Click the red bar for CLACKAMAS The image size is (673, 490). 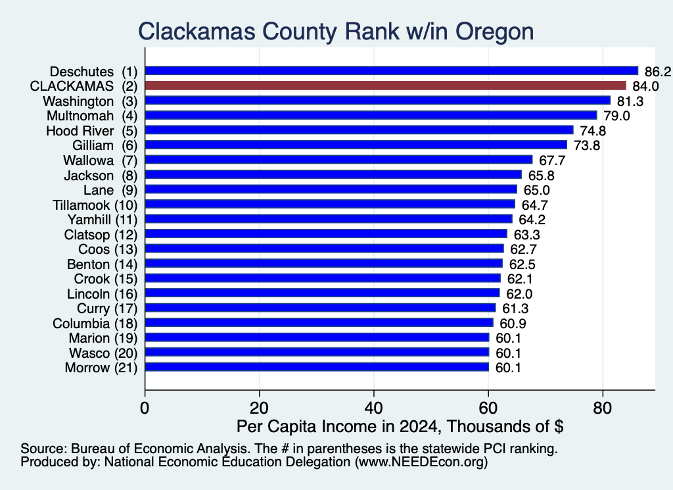[x=385, y=86]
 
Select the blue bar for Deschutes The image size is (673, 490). [x=392, y=71]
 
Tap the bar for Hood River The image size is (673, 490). [x=360, y=130]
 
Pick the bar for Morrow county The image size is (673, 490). [x=317, y=367]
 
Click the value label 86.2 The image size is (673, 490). [x=657, y=71]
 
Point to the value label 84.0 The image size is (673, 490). [x=645, y=86]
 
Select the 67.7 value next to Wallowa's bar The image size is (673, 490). [x=552, y=160]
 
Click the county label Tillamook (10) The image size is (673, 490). [x=95, y=205]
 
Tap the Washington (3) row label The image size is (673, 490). [x=90, y=101]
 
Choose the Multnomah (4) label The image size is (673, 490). [x=92, y=116]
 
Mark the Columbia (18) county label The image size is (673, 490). [x=95, y=324]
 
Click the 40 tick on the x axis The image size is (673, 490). [x=373, y=408]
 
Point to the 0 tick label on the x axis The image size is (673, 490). [x=145, y=408]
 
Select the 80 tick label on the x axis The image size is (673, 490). [x=602, y=408]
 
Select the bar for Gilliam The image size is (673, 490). [x=356, y=145]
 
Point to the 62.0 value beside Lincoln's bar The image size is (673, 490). [x=519, y=294]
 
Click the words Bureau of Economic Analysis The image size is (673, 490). [x=159, y=449]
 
